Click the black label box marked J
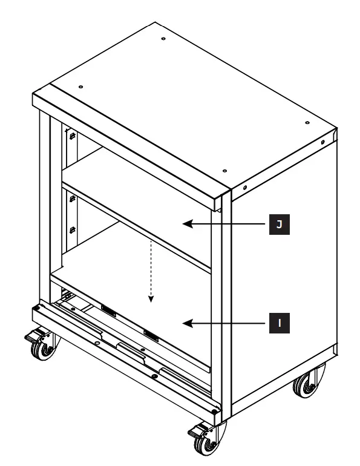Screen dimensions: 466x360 (279, 225)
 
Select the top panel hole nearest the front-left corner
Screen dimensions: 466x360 (79, 85)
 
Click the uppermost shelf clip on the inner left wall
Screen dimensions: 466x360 (71, 137)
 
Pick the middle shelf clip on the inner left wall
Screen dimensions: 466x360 (71, 197)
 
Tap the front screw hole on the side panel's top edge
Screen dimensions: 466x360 (244, 188)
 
